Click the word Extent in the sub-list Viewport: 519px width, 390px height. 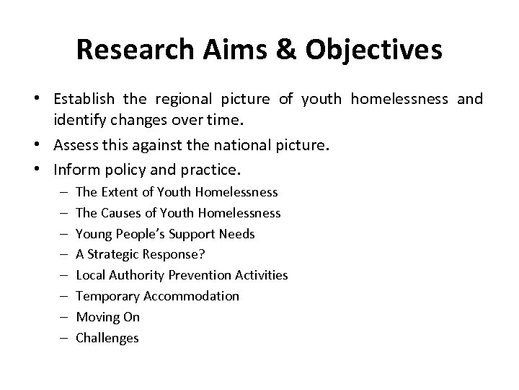(115, 192)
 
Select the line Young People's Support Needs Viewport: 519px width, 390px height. (165, 234)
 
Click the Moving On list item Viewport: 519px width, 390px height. (107, 317)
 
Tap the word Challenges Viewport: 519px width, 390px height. (107, 338)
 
